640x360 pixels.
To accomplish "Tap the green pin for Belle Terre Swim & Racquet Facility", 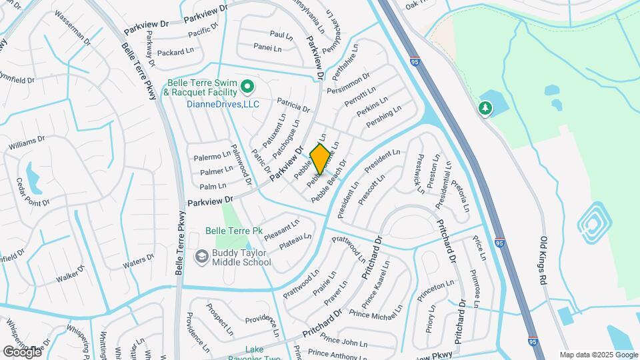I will pyautogui.click(x=246, y=85).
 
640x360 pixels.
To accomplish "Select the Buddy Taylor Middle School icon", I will pyautogui.click(x=201, y=257).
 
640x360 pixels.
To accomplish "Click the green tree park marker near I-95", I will pyautogui.click(x=486, y=108).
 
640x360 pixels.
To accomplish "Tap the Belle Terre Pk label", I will pyautogui.click(x=233, y=231).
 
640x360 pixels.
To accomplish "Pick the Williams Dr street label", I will pyautogui.click(x=26, y=143).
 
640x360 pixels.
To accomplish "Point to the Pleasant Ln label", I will pyautogui.click(x=282, y=229).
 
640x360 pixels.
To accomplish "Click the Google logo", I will pyautogui.click(x=22, y=351).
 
